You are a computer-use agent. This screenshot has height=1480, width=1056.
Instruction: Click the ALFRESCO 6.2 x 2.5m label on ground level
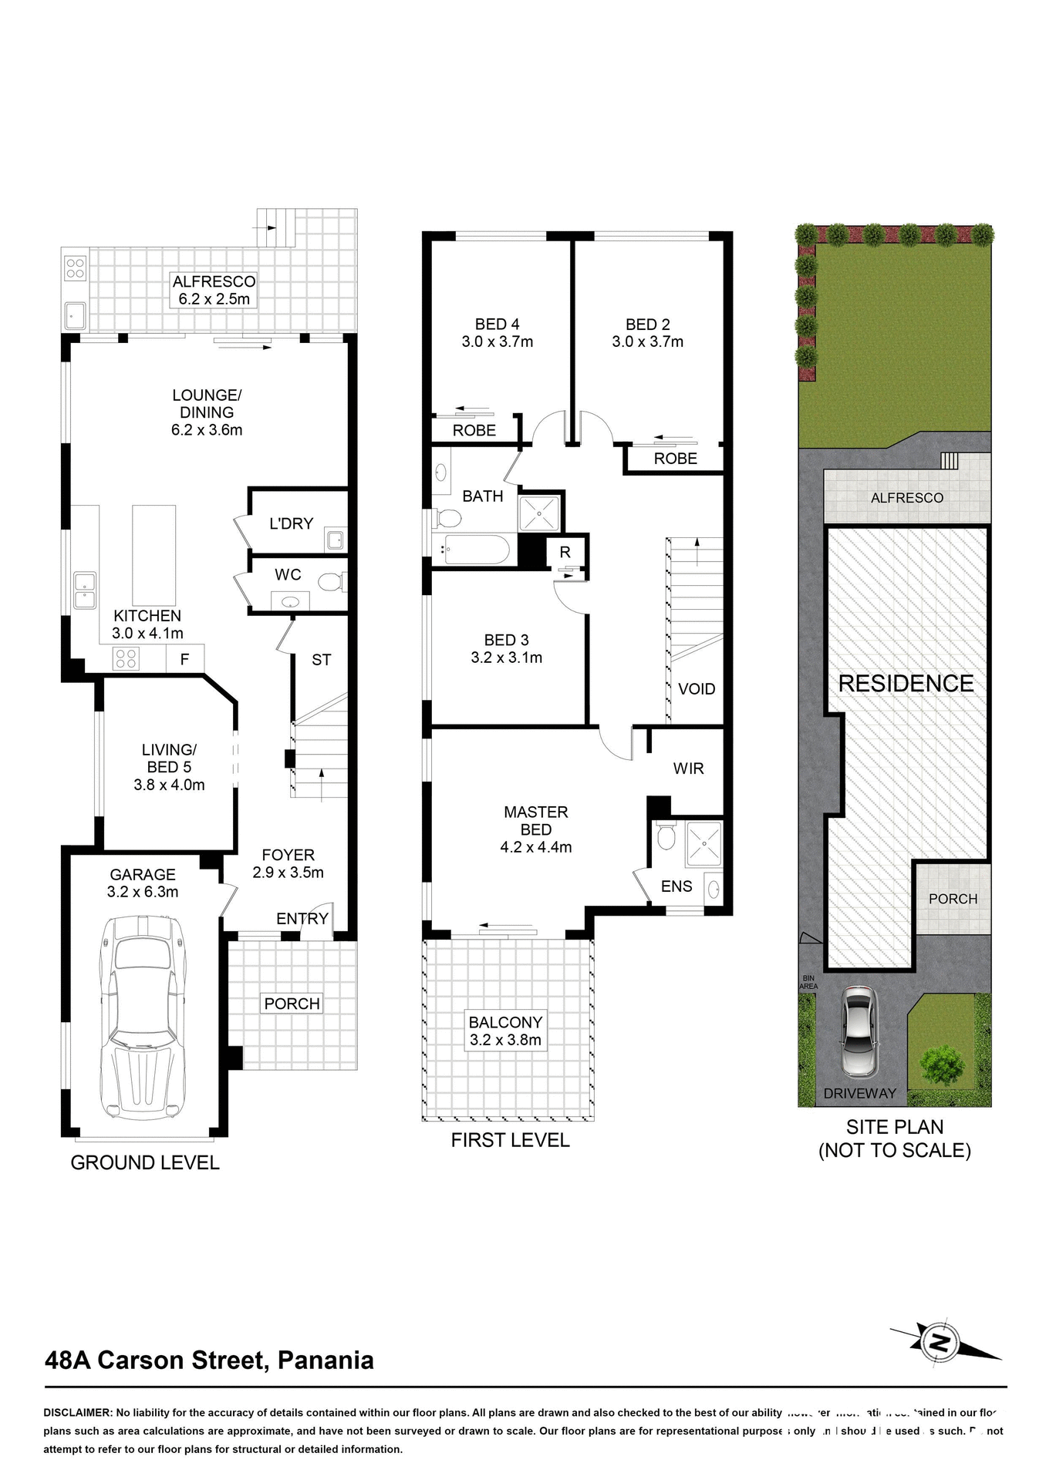[x=214, y=291]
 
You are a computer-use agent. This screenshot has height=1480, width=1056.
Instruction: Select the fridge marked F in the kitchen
[x=185, y=659]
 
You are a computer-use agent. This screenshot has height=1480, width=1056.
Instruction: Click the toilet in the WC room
[x=329, y=582]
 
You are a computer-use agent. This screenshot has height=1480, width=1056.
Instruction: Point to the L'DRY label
[x=291, y=523]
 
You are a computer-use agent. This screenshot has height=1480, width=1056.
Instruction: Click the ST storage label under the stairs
[x=321, y=660]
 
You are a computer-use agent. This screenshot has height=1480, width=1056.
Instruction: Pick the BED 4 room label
[x=497, y=333]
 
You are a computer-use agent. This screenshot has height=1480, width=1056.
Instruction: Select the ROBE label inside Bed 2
[x=675, y=459]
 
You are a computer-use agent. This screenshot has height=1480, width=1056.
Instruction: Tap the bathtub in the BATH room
[x=470, y=550]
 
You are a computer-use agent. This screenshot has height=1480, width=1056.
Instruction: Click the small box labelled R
[x=565, y=552]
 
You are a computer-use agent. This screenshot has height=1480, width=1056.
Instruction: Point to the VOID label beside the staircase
[x=696, y=689]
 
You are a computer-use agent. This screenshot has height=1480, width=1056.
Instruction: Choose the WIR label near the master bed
[x=688, y=769]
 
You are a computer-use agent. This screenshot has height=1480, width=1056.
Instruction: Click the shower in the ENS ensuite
[x=702, y=843]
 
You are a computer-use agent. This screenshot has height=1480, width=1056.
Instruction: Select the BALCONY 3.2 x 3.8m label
[x=505, y=1031]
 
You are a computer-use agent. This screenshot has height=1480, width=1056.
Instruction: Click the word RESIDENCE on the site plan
[x=906, y=684]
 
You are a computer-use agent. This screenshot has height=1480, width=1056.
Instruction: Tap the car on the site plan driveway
[x=859, y=1031]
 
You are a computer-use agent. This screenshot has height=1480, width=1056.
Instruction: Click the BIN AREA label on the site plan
[x=808, y=982]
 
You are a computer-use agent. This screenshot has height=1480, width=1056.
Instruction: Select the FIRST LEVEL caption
[x=510, y=1140]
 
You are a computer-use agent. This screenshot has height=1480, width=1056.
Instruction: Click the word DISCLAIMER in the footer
[x=77, y=1413]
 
